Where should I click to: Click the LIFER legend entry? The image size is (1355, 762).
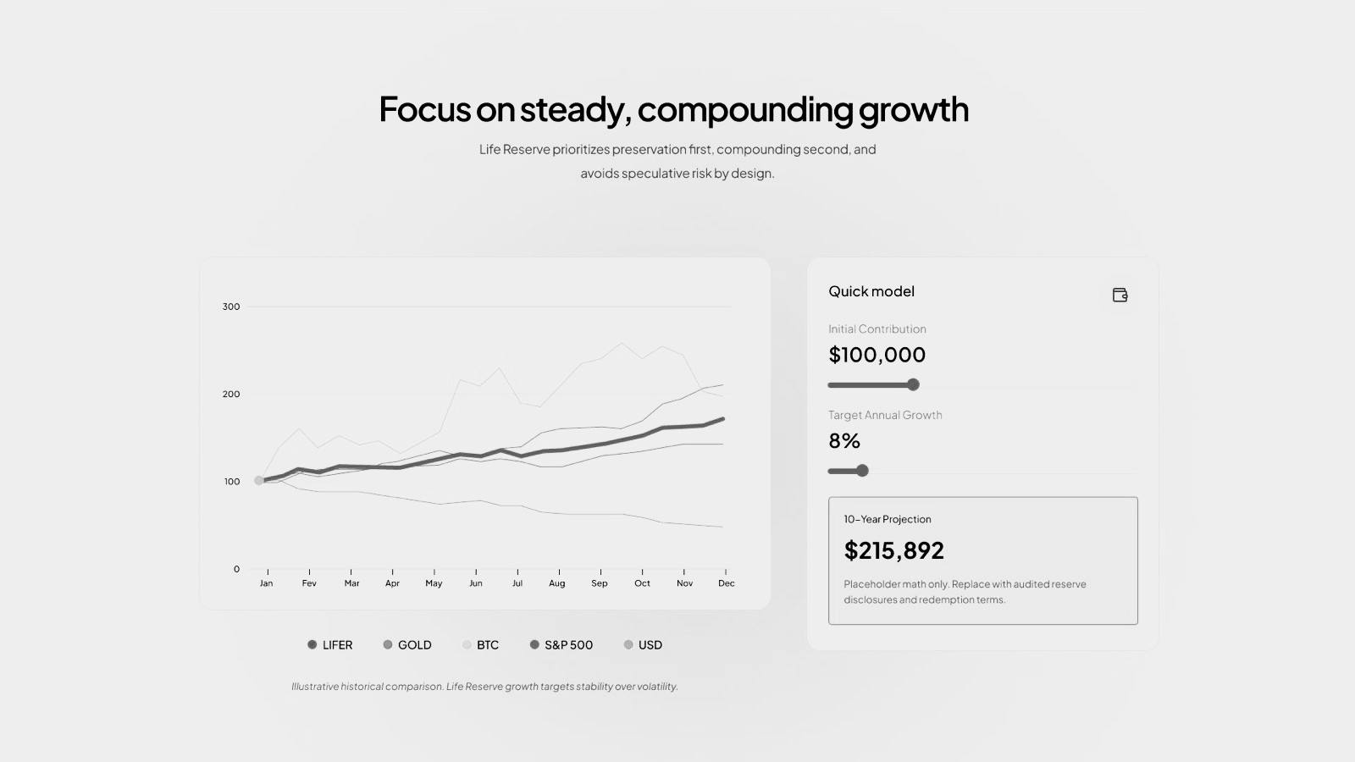coord(329,644)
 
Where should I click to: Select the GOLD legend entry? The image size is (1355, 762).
coord(407,644)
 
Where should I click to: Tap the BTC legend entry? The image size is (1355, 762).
coord(480,644)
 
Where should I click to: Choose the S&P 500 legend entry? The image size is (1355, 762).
coord(561,644)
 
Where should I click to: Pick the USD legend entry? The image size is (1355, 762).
coord(643,644)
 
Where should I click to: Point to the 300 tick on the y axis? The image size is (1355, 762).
coord(231,306)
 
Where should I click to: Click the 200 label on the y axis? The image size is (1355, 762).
coord(231,395)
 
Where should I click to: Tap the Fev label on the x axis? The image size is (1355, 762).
coord(309,583)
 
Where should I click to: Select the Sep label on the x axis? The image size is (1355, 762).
coord(600,583)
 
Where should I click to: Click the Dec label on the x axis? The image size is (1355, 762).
coord(726,583)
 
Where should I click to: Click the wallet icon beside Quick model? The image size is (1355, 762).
coord(1120,295)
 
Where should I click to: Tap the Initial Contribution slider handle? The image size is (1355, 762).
coord(914,384)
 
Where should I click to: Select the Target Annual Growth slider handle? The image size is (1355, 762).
coord(863,471)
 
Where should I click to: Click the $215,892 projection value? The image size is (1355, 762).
coord(893,550)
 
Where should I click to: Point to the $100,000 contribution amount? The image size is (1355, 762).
coord(877,355)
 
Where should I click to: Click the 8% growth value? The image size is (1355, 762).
coord(844,441)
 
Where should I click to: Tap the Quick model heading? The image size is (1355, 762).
coord(871,291)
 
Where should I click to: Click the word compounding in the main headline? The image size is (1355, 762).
coord(745,109)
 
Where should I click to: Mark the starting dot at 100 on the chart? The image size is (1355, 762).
coord(259,481)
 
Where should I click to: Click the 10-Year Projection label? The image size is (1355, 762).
coord(888,519)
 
